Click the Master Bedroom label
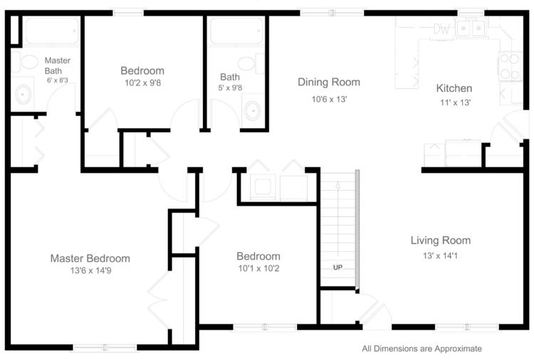90,258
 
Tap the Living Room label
441,240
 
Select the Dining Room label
329,82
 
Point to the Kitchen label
454,88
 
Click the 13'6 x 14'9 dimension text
91,270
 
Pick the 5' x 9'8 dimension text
230,88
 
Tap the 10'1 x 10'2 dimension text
259,268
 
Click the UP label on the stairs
337,268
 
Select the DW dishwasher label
441,29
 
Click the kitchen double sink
471,28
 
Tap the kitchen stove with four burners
511,66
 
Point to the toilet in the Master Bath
25,62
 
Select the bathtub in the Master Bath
52,31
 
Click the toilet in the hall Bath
251,63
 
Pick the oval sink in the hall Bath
252,110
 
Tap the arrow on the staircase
337,218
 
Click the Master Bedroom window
105,347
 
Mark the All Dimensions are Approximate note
422,349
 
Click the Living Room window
467,327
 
